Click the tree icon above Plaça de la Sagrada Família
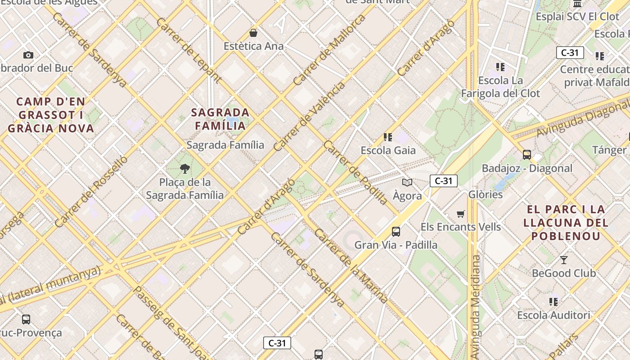(184, 169)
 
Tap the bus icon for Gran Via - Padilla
(396, 232)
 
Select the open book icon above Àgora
(407, 182)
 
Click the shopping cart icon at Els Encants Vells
(460, 214)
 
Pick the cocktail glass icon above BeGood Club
(563, 260)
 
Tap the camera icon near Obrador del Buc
(28, 55)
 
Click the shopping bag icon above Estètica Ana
(254, 33)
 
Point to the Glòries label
(486, 194)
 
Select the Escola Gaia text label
(388, 150)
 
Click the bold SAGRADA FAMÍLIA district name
(220, 119)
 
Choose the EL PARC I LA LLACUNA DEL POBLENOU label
(566, 223)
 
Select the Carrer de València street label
(310, 116)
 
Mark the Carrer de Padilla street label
(355, 172)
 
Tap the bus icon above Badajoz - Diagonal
(527, 154)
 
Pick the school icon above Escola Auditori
(553, 301)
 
